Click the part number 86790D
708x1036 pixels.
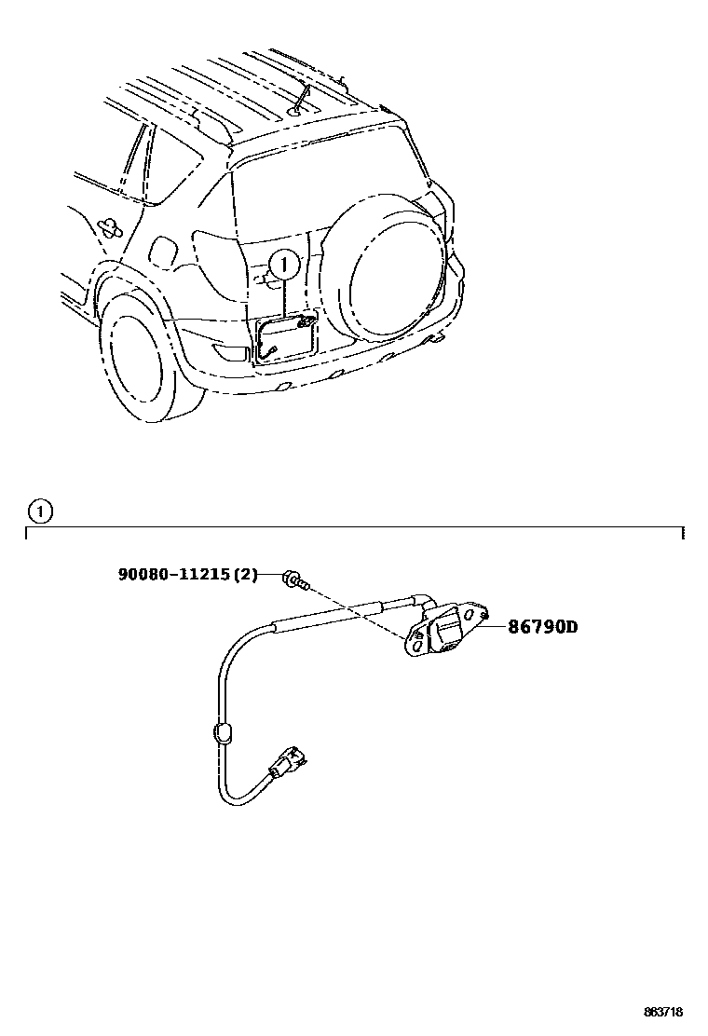[542, 627]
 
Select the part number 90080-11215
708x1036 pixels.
[173, 575]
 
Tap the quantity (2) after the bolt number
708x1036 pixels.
[244, 575]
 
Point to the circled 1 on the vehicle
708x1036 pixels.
[284, 266]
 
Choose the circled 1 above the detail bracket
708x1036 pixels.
[40, 511]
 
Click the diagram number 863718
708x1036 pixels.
[669, 1012]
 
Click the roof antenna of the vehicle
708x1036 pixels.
[300, 98]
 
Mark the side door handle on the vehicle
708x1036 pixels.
[109, 225]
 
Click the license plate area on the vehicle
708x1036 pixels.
[284, 337]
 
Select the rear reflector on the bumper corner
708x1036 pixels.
[226, 352]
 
